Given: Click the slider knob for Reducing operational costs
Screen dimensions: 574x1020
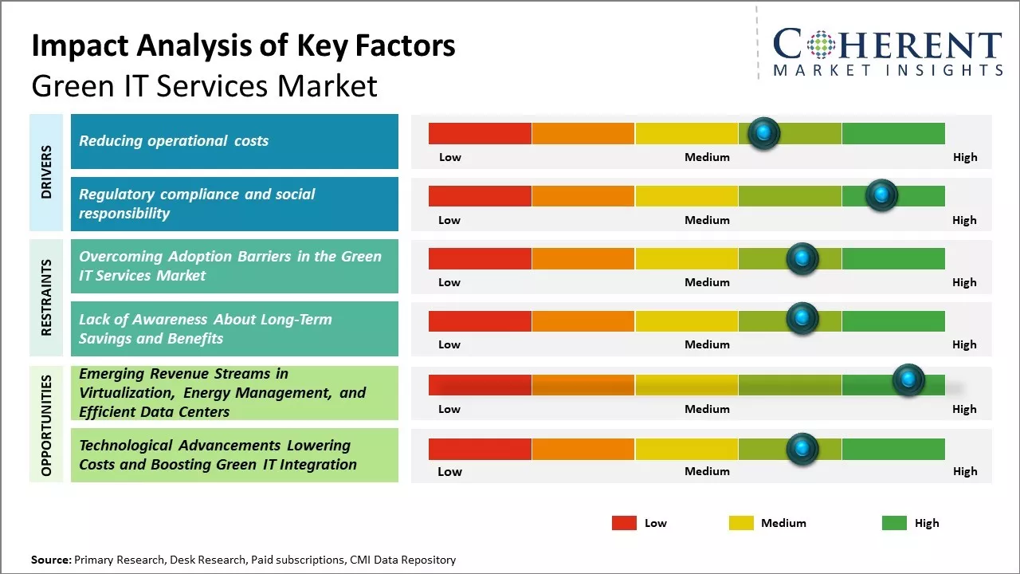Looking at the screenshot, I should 764,133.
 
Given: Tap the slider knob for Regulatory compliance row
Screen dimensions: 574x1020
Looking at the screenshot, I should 881,195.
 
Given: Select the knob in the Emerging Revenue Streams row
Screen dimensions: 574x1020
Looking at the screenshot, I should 908,380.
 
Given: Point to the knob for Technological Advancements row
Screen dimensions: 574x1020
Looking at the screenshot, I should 802,449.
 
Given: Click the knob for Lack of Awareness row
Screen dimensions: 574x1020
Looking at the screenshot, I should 802,319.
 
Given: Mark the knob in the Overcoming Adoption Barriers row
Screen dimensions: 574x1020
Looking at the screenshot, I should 802,258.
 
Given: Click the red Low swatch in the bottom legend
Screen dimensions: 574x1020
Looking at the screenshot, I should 624,523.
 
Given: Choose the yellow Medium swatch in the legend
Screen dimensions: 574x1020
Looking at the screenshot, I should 741,523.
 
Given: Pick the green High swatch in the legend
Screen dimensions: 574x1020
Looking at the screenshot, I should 894,523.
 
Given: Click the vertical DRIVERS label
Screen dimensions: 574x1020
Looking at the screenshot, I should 46,171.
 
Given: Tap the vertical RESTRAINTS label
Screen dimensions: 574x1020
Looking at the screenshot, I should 46,297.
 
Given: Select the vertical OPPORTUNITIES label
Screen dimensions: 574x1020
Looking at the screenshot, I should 46,425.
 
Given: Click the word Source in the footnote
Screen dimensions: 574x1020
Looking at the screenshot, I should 50,560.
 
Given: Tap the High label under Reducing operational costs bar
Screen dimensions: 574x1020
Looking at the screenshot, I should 965,157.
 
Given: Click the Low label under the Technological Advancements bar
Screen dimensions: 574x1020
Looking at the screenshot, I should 449,471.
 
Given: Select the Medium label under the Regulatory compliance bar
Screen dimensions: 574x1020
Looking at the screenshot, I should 707,220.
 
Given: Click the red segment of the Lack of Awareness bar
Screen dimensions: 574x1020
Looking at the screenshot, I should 480,321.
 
